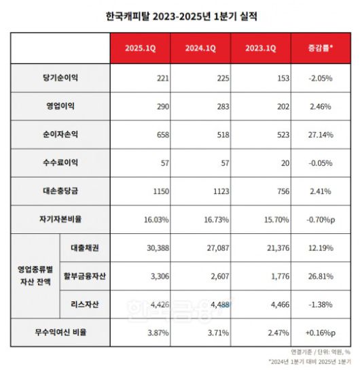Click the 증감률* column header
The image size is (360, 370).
320,48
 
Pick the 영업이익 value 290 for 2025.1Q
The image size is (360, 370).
160,107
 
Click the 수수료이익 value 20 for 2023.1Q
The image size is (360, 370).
281,164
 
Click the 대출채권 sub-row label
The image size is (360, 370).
85,248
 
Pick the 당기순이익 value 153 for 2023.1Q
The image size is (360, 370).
279,79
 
